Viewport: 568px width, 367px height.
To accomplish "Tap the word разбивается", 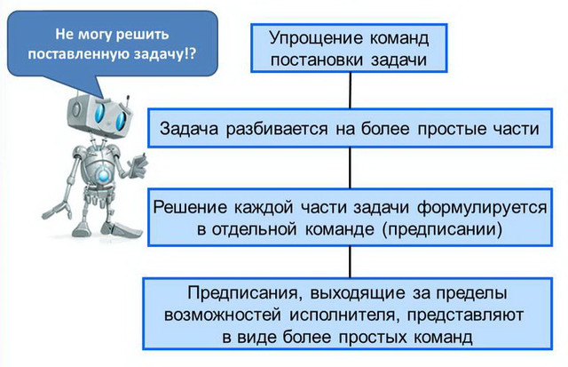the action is pos(277,129).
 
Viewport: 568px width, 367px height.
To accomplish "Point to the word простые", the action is pos(452,130).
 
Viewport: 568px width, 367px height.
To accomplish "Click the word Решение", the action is pos(190,207).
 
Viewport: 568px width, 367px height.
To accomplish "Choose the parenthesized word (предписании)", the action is pos(442,229).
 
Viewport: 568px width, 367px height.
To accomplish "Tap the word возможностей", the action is pos(223,315).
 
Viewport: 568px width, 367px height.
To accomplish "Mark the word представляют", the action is pos(465,315).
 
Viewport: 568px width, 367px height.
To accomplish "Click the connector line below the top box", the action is pos(350,90).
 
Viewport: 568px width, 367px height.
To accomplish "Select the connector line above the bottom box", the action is pos(350,262).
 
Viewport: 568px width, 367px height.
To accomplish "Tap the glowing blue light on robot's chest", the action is pos(104,176).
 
